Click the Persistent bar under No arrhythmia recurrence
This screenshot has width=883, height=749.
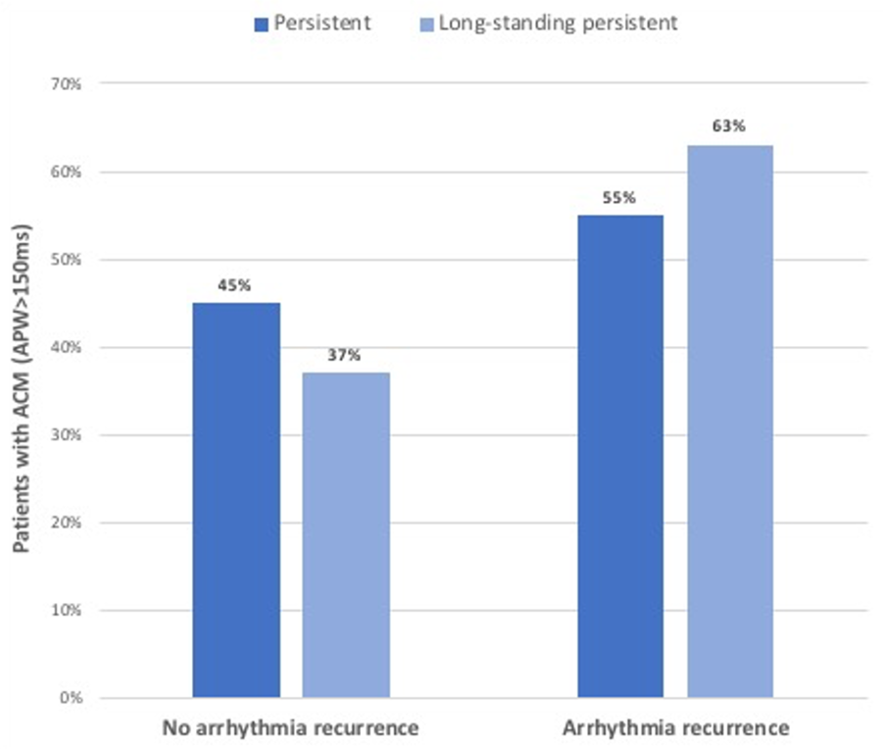[236, 500]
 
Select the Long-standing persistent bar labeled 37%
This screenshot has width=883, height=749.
[346, 535]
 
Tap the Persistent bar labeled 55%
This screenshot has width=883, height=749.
[620, 457]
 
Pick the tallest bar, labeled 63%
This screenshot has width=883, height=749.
[730, 422]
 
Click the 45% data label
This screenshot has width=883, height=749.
[236, 285]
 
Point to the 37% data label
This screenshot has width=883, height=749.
[346, 355]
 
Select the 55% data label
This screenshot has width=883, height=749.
[620, 197]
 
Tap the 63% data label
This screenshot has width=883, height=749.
[730, 126]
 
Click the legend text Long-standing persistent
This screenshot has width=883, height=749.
[557, 24]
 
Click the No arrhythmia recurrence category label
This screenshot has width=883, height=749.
[290, 728]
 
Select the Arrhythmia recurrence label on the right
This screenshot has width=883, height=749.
[676, 728]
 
